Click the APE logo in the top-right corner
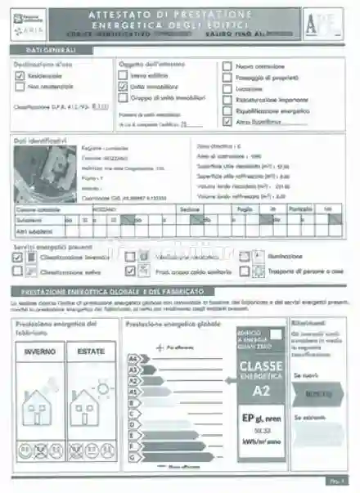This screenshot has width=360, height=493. point(322,25)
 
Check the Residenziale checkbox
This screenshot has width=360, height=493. point(20,75)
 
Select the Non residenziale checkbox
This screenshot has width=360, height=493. point(20,85)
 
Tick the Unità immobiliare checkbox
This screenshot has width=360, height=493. point(124,85)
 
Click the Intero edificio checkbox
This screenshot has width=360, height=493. point(124,74)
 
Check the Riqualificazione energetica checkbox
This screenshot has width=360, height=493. point(227,110)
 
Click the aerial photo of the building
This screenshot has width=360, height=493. point(43,175)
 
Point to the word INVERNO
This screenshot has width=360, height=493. point(40,352)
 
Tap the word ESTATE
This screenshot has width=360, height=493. point(91,352)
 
